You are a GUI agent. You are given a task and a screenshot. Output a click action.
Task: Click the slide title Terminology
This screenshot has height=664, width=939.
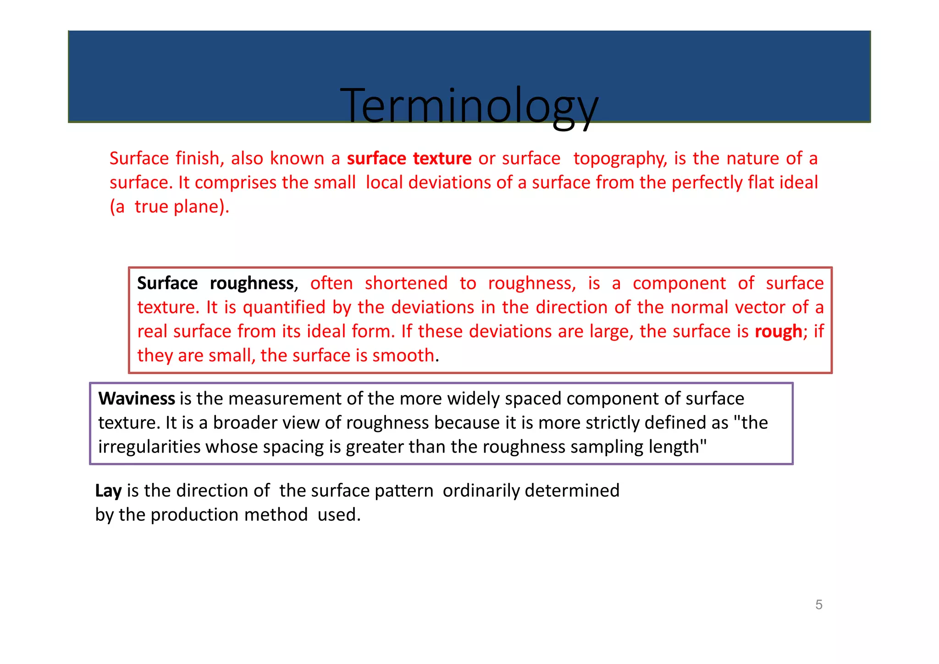tap(469, 106)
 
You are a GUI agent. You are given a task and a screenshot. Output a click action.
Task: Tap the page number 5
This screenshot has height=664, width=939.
tap(819, 605)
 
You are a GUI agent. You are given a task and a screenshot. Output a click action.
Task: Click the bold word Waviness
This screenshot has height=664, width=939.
tap(137, 398)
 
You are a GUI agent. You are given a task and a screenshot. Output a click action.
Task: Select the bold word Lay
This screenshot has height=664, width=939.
tap(108, 491)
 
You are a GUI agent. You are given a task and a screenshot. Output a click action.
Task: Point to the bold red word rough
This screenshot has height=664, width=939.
tap(779, 332)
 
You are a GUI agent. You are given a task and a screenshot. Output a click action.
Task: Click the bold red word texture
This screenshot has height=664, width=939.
tap(442, 158)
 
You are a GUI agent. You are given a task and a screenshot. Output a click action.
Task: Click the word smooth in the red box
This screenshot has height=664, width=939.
tap(403, 355)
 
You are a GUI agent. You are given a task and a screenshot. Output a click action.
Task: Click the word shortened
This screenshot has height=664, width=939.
tap(406, 283)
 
